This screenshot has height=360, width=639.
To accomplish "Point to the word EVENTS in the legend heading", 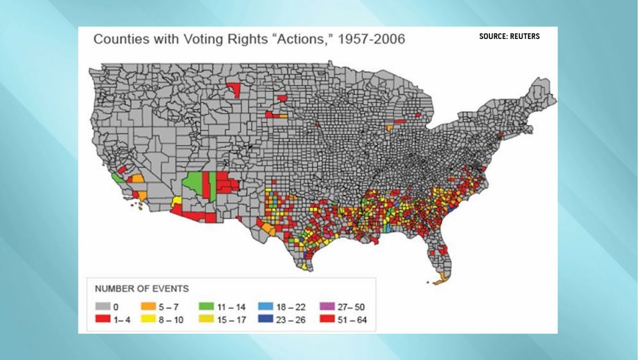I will coord(167,288).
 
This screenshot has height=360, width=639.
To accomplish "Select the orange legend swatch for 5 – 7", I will coord(147,307).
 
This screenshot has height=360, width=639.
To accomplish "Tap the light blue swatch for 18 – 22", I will coord(266,307).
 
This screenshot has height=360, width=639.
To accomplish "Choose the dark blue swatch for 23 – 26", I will coord(266,318).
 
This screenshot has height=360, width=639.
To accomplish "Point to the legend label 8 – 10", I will coord(170,318).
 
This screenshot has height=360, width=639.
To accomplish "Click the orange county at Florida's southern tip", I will coord(440,279).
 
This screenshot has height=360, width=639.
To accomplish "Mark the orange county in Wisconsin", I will coord(389,128).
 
